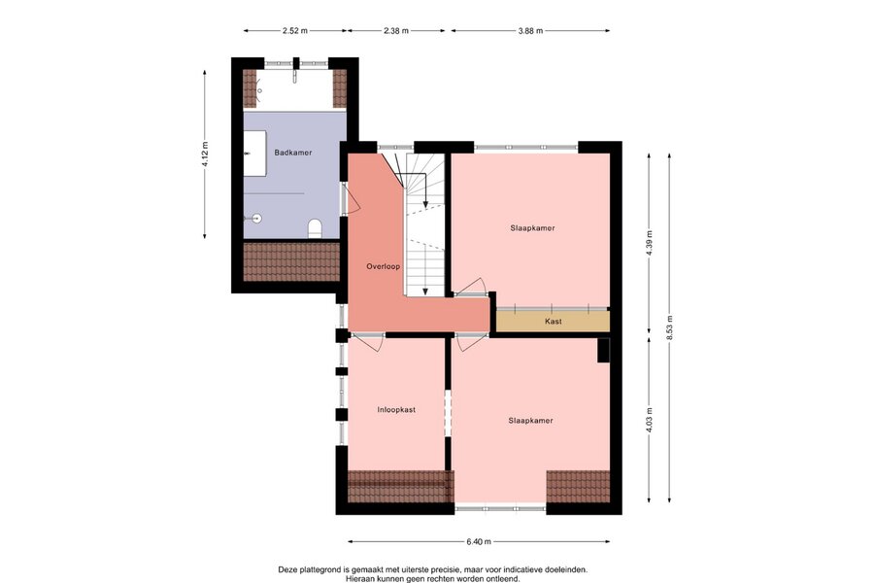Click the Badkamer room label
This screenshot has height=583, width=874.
pos(292,153)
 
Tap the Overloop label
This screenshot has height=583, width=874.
pos(383,266)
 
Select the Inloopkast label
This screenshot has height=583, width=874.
pos(396,409)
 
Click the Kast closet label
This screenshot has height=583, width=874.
pos(553,322)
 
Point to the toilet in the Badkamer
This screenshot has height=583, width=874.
pos(315,228)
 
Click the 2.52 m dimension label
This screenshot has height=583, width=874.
pos(295,31)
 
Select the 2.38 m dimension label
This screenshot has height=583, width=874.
pos(396,31)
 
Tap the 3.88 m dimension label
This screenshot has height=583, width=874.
pos(530,31)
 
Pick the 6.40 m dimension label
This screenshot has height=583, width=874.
pos(479,541)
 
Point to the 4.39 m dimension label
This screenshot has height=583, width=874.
pos(649,243)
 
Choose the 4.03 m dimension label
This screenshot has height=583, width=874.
pos(649,421)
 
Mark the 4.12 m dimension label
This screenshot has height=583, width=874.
pos(205,154)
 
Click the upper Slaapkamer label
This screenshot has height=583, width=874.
pos(532,227)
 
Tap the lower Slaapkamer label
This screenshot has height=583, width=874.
pos(530,420)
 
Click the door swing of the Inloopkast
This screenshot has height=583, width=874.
pos(368,343)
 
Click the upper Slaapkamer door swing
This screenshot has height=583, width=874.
pos(471,287)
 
